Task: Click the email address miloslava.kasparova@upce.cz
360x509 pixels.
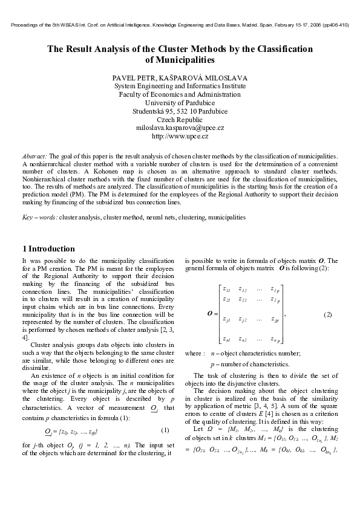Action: (x=180, y=128)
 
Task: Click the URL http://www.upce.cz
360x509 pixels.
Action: (x=180, y=137)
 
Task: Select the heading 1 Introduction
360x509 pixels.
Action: (x=48, y=248)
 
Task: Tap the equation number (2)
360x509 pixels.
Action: (x=327, y=315)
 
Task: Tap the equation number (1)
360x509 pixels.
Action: (x=165, y=430)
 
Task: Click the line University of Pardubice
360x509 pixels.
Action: (x=180, y=103)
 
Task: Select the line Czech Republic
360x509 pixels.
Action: (x=180, y=120)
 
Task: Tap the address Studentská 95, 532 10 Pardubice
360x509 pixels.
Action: (x=180, y=111)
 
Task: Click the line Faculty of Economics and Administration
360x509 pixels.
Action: (x=180, y=94)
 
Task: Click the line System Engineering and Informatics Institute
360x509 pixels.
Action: (x=180, y=86)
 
